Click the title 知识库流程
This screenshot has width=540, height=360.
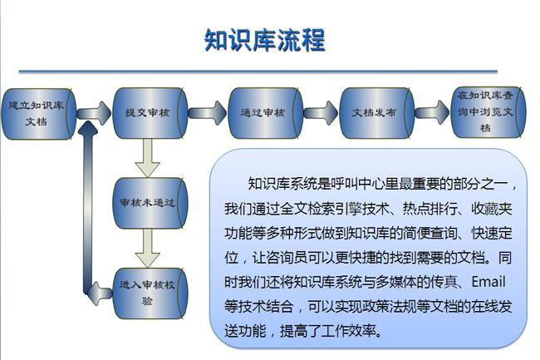(264, 39)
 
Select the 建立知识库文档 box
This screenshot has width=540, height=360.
(38, 113)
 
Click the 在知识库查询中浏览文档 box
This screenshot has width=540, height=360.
(485, 112)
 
